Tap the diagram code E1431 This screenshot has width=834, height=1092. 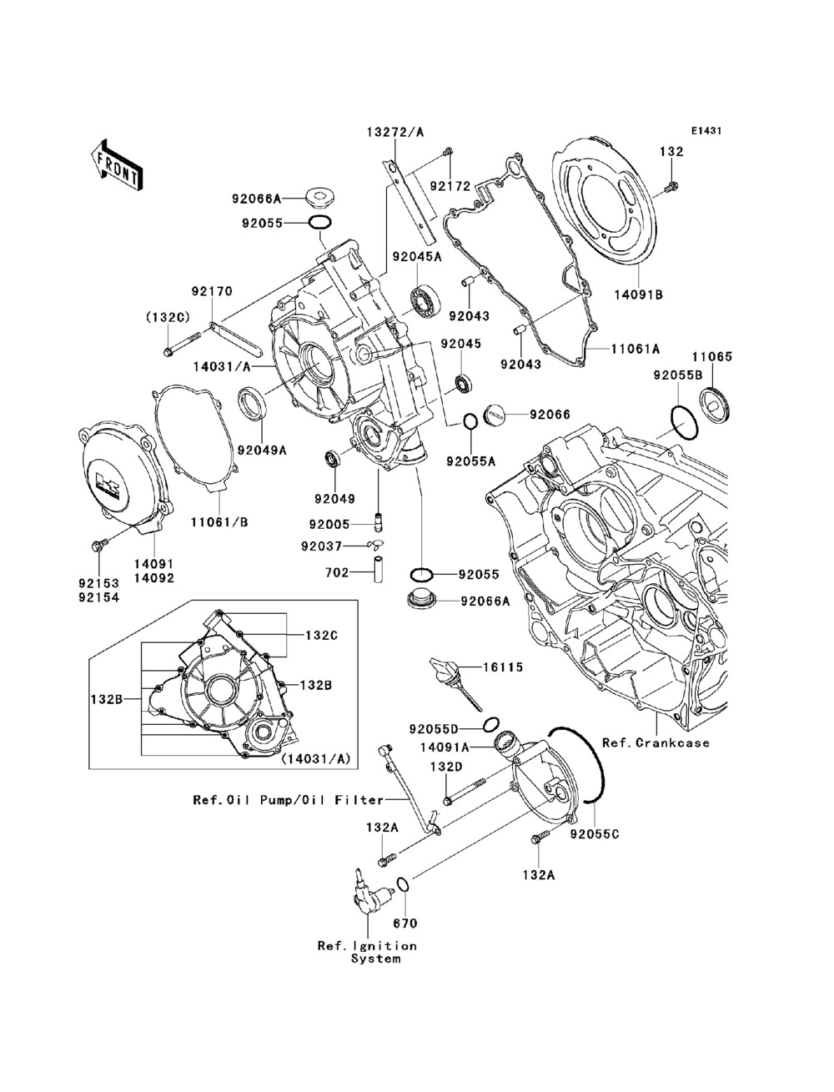tap(705, 131)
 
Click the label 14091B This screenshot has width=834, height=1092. tap(639, 293)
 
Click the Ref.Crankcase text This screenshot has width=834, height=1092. tap(656, 742)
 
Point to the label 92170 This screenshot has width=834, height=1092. tap(212, 291)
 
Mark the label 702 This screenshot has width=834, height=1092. tap(337, 572)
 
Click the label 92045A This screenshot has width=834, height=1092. tap(425, 257)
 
